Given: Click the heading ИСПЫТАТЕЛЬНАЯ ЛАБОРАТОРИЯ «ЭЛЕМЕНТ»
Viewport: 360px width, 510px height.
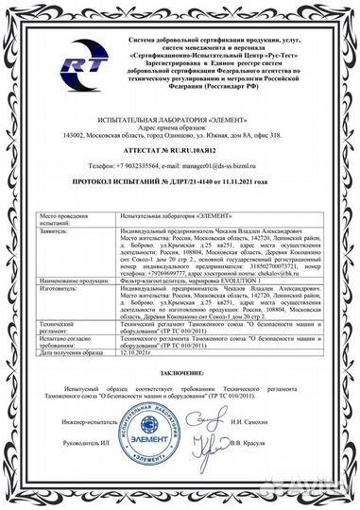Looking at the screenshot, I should pyautogui.click(x=180, y=116).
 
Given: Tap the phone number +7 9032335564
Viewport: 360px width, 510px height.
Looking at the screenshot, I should pyautogui.click(x=145, y=164).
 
